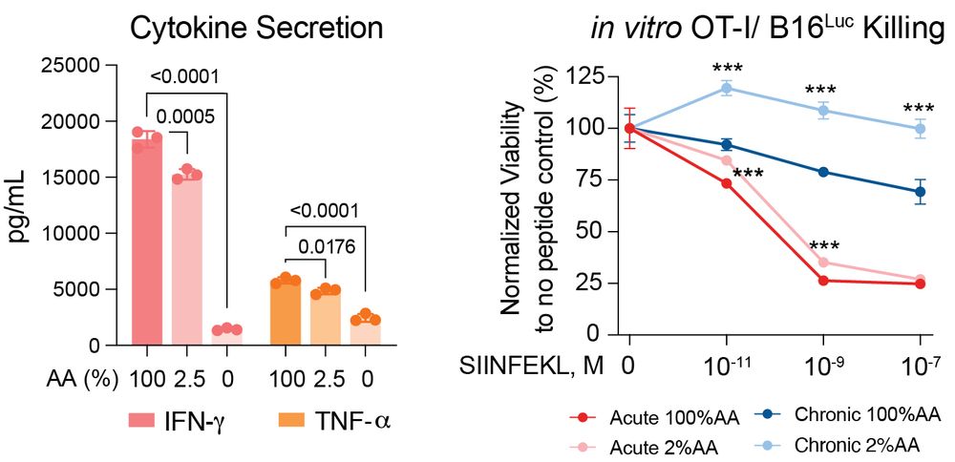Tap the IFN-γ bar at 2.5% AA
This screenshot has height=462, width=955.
(x=187, y=258)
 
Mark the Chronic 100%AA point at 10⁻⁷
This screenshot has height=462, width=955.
(x=920, y=192)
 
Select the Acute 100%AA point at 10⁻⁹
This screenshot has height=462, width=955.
(x=823, y=281)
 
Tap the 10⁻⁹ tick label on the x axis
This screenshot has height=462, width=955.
(x=823, y=367)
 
